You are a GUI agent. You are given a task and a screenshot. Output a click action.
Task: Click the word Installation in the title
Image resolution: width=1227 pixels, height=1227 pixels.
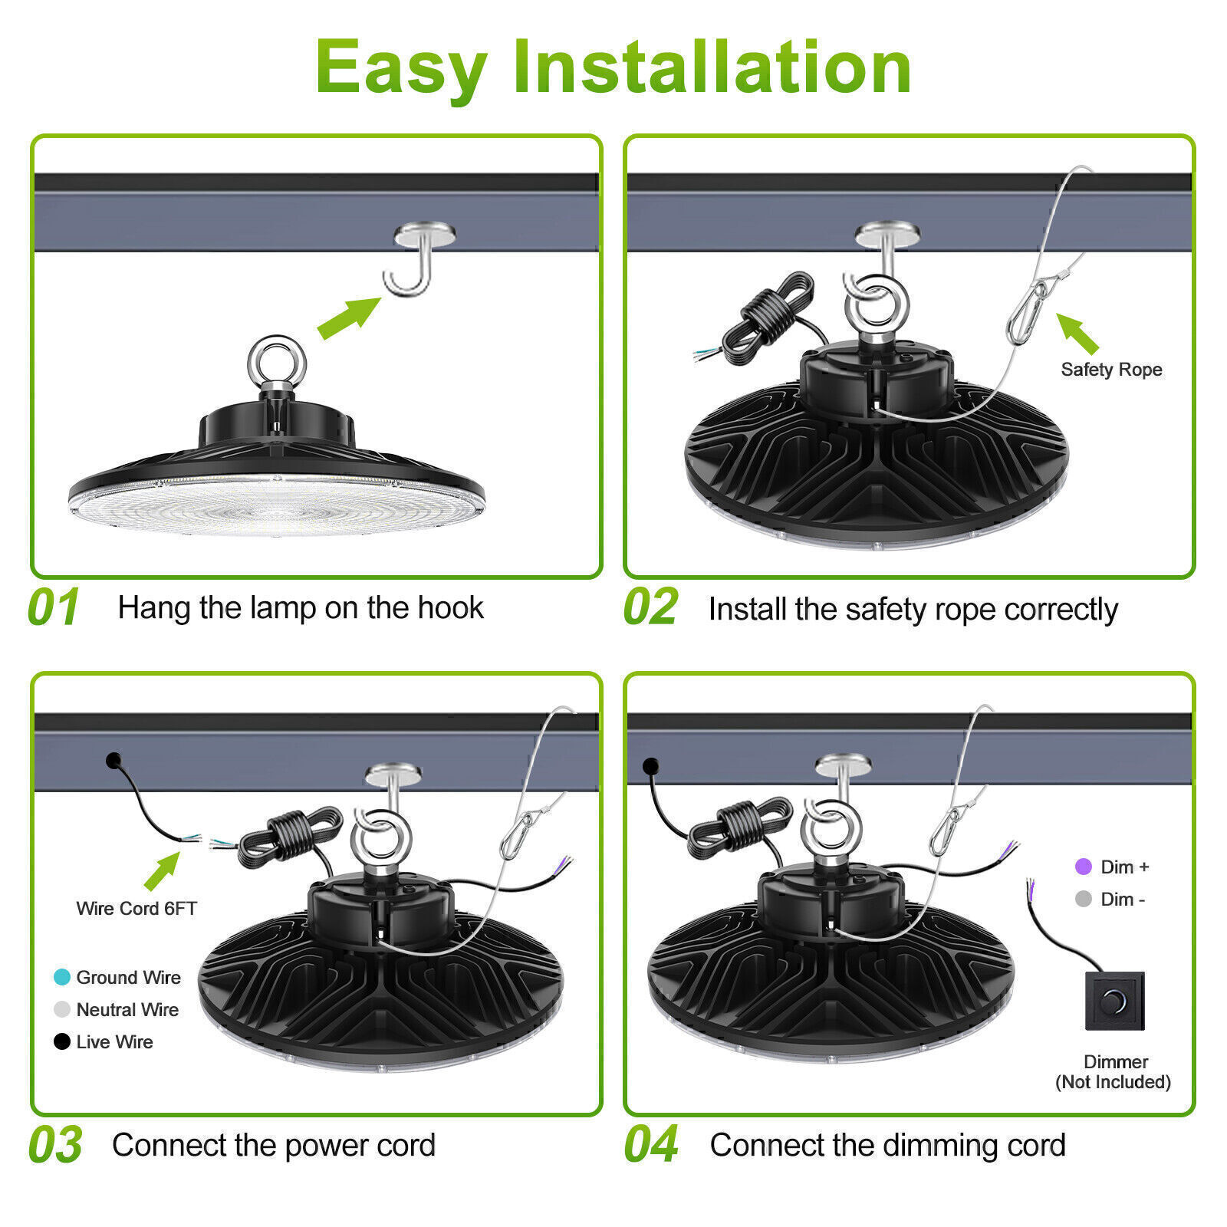(711, 67)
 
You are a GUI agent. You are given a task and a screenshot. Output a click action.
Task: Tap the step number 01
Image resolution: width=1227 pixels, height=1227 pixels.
(54, 607)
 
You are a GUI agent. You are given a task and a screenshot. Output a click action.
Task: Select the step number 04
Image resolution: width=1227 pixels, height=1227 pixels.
(651, 1144)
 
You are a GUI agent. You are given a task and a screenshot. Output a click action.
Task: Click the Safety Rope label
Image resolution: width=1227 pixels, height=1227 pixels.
(1111, 370)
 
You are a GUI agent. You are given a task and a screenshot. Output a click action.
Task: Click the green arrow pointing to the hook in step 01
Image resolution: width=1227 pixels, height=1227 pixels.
(350, 317)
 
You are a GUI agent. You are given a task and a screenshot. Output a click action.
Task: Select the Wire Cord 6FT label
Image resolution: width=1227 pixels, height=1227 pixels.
(137, 909)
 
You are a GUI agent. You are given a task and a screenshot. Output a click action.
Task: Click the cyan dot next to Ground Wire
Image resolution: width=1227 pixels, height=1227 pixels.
(62, 977)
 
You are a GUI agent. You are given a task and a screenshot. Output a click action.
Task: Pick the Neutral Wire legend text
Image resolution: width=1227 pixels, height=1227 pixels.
(127, 1010)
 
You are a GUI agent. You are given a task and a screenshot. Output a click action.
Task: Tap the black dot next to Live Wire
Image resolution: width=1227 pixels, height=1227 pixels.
(62, 1041)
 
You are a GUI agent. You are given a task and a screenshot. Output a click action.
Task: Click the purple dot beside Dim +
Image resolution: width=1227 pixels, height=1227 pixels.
(1083, 867)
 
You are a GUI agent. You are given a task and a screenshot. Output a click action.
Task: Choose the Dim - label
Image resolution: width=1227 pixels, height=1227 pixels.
(1123, 900)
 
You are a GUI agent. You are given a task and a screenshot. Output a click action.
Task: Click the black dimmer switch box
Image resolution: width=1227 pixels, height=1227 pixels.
(1115, 1001)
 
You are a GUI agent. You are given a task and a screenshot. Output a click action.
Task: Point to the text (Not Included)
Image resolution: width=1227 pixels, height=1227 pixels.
(1114, 1082)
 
